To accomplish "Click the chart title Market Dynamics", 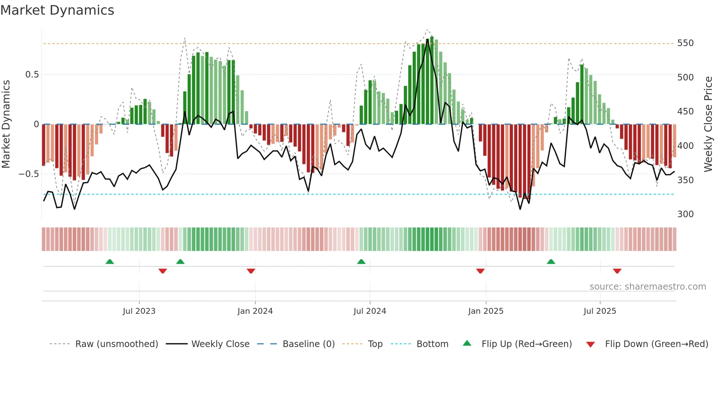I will [x=57, y=10].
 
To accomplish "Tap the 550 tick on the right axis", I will [x=685, y=43].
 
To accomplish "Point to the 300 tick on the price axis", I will [x=685, y=214].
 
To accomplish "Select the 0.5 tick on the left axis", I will [x=32, y=75].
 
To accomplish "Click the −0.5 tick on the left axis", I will [x=29, y=174].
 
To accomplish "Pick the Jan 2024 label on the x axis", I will [x=255, y=311].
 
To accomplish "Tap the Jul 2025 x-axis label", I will [x=600, y=311].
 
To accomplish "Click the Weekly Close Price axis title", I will [x=708, y=124].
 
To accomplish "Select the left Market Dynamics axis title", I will [x=6, y=124].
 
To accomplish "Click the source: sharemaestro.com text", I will [x=647, y=287].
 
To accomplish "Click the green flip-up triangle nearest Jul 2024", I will [x=361, y=261].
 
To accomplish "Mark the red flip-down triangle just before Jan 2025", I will [x=480, y=271].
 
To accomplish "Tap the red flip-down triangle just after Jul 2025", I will [x=617, y=271].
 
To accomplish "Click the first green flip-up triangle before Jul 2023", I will [x=110, y=261].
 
